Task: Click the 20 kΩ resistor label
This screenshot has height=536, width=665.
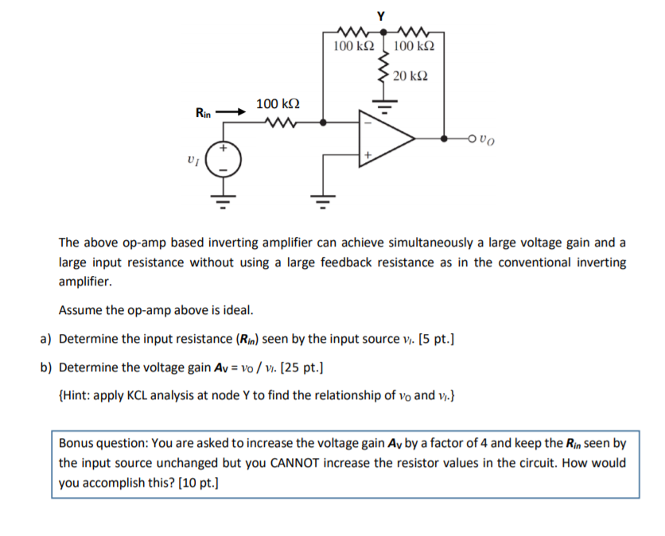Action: tap(410, 76)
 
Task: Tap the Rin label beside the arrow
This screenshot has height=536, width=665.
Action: tap(204, 114)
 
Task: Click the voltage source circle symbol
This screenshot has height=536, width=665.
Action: tap(224, 160)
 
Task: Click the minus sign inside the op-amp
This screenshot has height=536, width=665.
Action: tap(367, 123)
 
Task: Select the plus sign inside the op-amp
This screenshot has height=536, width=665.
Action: tap(367, 153)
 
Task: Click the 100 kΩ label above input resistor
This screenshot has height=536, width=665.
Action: tap(278, 103)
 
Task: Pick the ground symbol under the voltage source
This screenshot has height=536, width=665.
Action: tap(224, 196)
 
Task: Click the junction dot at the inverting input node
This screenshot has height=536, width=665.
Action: tap(322, 122)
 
